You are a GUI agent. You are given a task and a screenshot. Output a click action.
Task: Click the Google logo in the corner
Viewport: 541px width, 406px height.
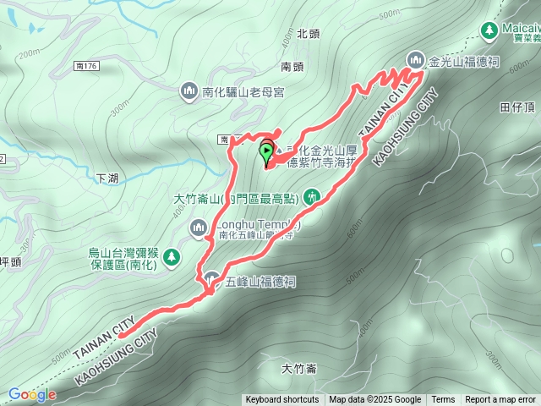(32, 394)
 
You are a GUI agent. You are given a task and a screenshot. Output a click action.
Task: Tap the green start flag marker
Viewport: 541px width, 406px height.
(267, 153)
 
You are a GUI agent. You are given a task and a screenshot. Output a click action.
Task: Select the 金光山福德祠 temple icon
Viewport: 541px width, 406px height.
(415, 60)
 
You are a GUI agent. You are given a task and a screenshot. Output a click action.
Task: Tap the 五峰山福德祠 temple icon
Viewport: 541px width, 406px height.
(212, 281)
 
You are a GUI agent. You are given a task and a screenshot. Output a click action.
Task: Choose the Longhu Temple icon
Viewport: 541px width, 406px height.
(199, 226)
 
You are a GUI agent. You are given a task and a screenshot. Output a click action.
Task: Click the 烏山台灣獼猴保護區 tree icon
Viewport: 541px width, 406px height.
(171, 255)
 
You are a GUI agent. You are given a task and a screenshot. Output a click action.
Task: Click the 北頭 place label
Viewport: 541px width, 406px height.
(308, 35)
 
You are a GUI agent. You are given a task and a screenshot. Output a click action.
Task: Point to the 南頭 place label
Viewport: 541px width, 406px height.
(292, 66)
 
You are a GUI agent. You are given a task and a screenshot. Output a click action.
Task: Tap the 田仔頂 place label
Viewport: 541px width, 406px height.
(518, 107)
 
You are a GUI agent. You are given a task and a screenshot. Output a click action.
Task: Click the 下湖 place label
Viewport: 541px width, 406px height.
(107, 178)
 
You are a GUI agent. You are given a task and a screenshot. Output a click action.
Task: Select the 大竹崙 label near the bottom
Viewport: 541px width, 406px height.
(299, 369)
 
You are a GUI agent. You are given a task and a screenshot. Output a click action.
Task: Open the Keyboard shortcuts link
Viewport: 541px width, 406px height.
(282, 400)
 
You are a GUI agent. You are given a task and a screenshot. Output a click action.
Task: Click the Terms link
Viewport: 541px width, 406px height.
(443, 400)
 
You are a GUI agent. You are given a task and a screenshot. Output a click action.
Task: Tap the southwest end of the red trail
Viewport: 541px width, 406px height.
(121, 335)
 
